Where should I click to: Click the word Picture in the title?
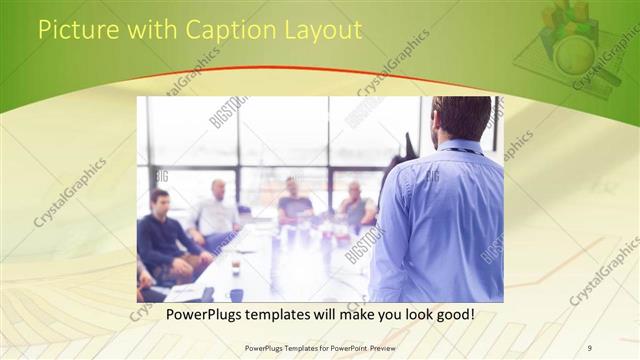(x=73, y=31)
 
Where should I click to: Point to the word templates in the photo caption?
(x=293, y=314)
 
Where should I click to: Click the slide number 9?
(x=590, y=347)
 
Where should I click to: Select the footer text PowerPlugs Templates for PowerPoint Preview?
(x=321, y=347)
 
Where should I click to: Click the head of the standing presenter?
(x=461, y=118)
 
